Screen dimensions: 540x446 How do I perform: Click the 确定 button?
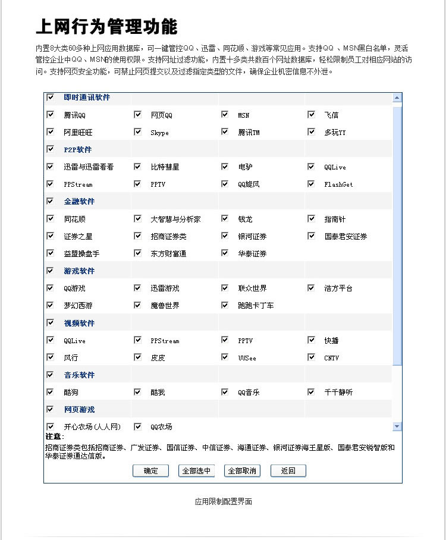pos(151,471)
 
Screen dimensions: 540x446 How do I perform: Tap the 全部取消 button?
pos(243,471)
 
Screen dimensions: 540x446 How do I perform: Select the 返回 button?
pos(288,471)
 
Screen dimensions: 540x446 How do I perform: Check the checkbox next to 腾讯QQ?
pos(51,114)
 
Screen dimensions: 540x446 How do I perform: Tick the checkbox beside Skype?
pos(137,132)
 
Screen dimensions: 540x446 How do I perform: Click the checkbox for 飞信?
pos(311,114)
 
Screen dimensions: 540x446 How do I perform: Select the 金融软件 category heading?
pos(79,202)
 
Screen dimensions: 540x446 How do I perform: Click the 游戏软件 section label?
pos(79,271)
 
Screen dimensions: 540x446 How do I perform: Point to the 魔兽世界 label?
pos(165,306)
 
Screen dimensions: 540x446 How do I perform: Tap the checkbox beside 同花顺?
pos(51,219)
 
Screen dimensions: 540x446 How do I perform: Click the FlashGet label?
pos(338,184)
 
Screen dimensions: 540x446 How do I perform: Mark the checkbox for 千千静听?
pos(311,392)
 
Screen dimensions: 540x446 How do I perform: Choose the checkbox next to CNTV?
pos(311,357)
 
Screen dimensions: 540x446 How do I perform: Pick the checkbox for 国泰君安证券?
pos(311,236)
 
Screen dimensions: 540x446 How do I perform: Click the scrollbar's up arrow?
pos(397,97)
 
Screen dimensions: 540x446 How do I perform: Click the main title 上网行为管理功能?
pos(106,27)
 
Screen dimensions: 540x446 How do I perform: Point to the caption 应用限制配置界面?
pos(224,501)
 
